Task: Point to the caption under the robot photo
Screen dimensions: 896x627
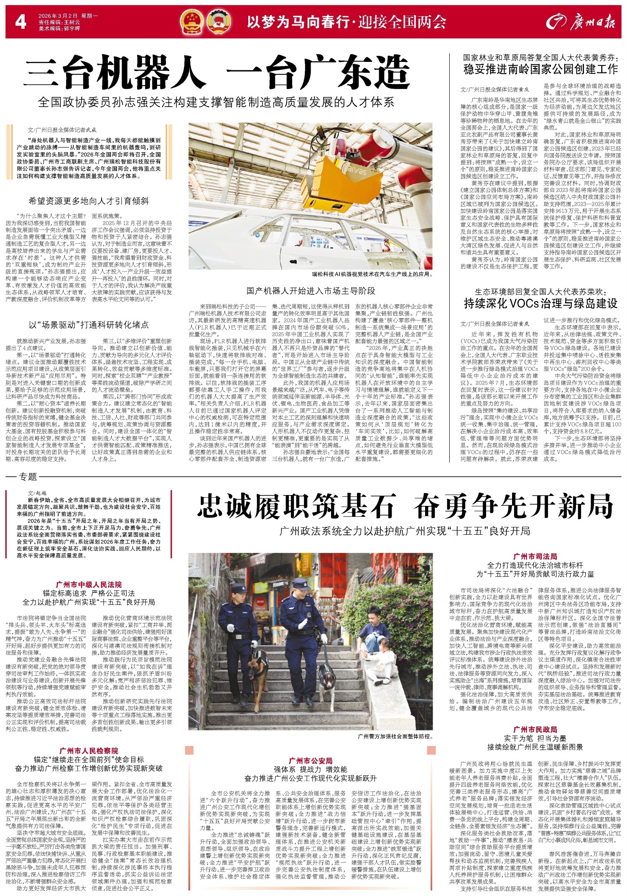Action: click(x=372, y=275)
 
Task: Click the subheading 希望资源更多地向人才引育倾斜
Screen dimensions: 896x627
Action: click(x=89, y=201)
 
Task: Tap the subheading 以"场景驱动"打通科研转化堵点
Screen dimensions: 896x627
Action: click(x=89, y=325)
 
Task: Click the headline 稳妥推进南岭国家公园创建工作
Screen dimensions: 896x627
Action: click(x=540, y=69)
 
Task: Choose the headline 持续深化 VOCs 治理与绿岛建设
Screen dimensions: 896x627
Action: click(x=540, y=303)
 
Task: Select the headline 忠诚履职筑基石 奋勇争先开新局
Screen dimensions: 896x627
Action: click(x=405, y=506)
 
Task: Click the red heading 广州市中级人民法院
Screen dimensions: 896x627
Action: click(x=89, y=585)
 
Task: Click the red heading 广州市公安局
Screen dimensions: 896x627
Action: click(x=311, y=761)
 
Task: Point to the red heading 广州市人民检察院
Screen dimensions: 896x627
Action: click(x=89, y=751)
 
